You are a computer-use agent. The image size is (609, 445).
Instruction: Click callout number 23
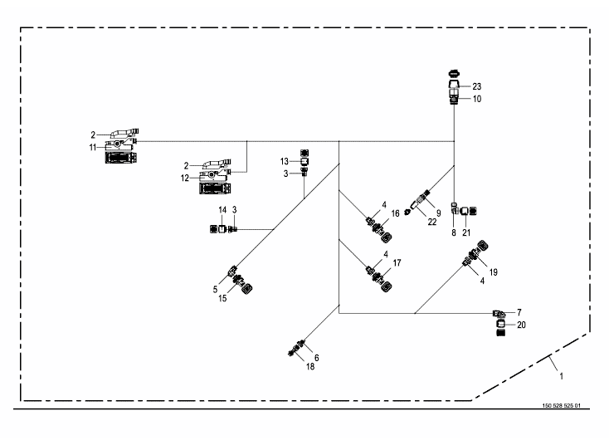477,86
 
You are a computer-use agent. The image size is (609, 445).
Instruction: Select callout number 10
477,99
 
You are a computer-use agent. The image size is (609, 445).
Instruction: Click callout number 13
284,161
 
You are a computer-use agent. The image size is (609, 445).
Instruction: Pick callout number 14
222,210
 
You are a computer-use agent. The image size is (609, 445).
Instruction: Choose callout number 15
223,298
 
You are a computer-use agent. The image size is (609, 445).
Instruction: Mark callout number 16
396,213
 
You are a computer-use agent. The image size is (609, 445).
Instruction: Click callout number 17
397,263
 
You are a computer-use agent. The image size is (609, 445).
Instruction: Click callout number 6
316,358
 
